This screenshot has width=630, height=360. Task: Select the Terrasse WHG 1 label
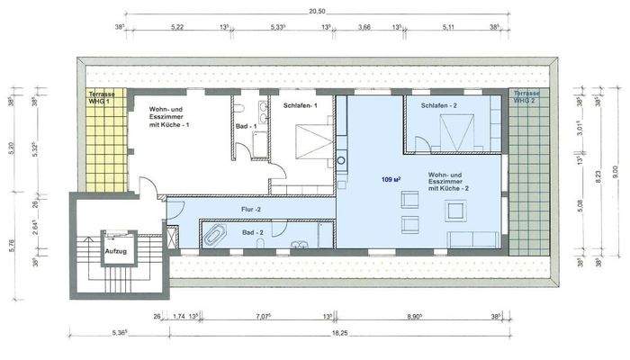100,97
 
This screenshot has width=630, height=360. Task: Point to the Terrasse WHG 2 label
526,97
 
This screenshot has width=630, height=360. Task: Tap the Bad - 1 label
246,127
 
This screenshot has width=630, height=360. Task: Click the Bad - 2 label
253,233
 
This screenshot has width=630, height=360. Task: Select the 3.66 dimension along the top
364,27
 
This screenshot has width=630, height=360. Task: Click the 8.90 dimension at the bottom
416,316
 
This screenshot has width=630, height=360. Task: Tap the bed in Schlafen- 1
308,144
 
